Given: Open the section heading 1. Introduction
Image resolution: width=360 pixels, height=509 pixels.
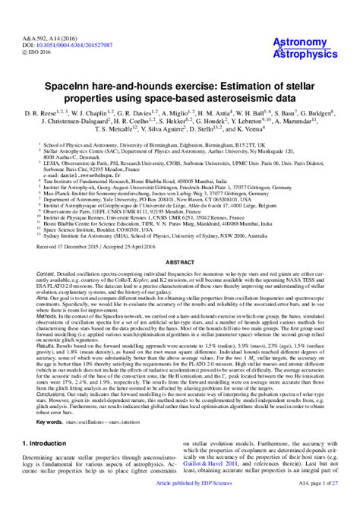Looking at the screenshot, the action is (x=46, y=441).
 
